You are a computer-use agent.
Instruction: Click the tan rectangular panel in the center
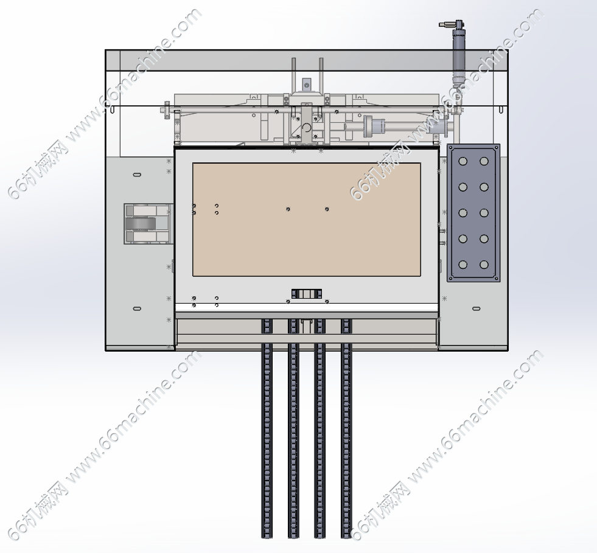pyautogui.click(x=307, y=220)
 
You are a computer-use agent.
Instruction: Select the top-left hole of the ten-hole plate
pyautogui.click(x=463, y=161)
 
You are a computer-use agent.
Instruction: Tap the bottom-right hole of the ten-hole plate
pyautogui.click(x=484, y=265)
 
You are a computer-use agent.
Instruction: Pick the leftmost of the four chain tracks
pyautogui.click(x=267, y=428)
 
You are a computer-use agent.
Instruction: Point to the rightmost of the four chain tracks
pyautogui.click(x=346, y=428)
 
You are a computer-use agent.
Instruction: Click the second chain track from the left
pyautogui.click(x=293, y=428)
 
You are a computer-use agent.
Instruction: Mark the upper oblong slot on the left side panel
pyautogui.click(x=137, y=175)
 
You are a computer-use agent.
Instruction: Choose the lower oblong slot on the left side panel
pyautogui.click(x=137, y=308)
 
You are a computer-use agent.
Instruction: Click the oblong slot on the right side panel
pyautogui.click(x=477, y=308)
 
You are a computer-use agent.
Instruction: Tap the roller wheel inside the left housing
pyautogui.click(x=141, y=224)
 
